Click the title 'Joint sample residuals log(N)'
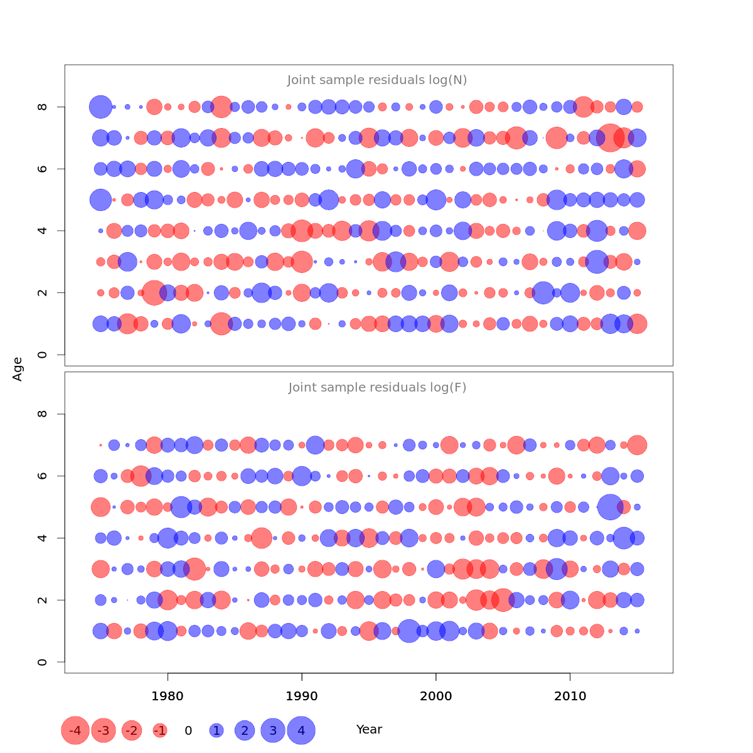pos(377,80)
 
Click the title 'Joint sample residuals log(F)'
pos(377,388)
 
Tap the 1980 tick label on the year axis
pos(168,696)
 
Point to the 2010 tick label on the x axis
pos(570,696)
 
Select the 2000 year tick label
pos(436,696)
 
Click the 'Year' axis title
pos(369,730)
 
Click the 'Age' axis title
pos(18,369)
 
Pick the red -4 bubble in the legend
pos(75,730)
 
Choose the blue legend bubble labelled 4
pos(301,730)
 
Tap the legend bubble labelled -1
pos(160,730)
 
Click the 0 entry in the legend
pos(188,730)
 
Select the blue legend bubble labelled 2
pos(245,730)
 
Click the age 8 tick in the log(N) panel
pos(43,107)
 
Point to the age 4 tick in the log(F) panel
pos(43,538)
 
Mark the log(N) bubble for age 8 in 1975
pos(100,107)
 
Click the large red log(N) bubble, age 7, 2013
pos(610,137)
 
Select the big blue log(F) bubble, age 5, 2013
pos(610,507)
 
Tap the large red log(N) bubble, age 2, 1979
pos(154,292)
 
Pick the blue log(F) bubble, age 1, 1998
pos(409,631)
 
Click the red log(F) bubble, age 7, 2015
pos(637,445)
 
